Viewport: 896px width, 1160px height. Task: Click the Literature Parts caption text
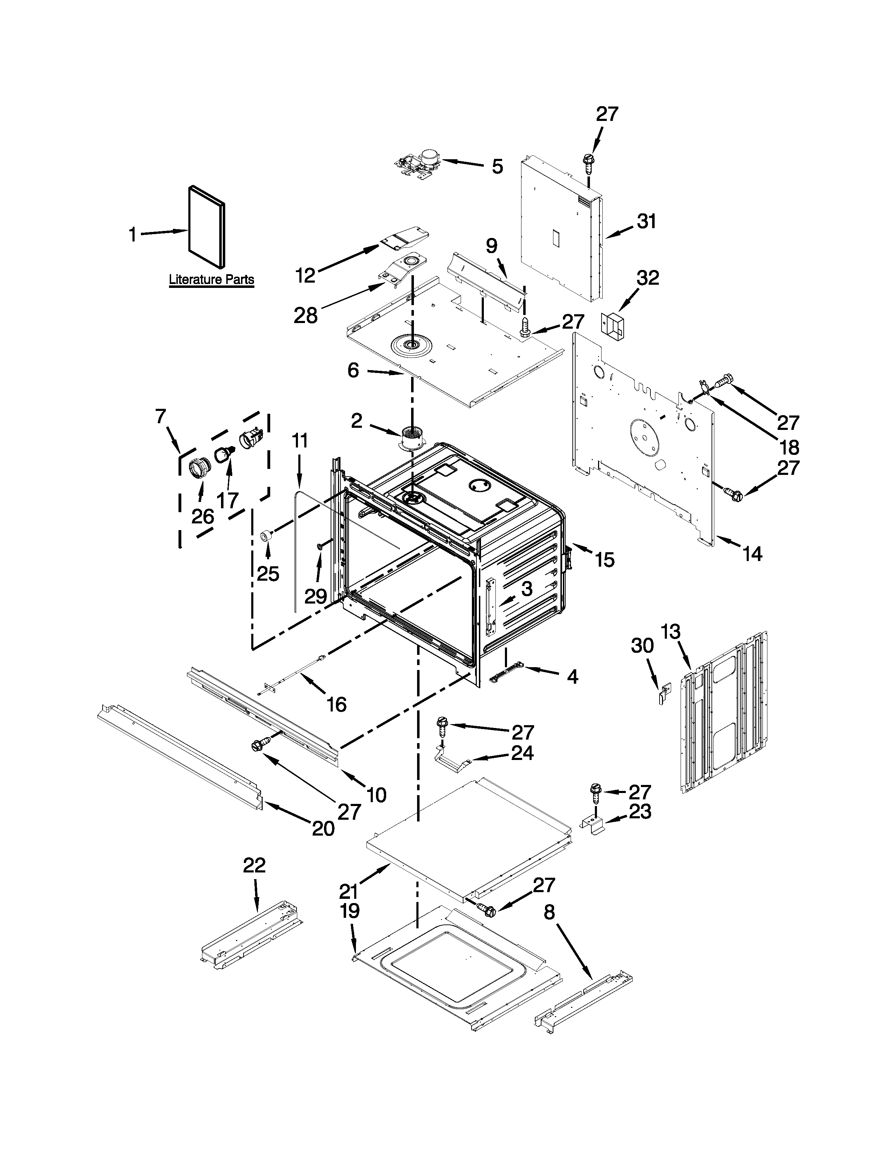(x=211, y=279)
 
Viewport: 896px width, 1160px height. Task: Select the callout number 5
(x=497, y=166)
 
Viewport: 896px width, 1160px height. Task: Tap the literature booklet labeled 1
(x=207, y=227)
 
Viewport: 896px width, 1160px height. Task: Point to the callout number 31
(x=647, y=221)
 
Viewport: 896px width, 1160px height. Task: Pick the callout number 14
(x=752, y=554)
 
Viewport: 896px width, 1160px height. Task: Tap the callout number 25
(x=268, y=574)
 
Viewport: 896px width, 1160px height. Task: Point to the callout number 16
(x=337, y=704)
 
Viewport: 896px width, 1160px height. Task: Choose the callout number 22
(x=254, y=866)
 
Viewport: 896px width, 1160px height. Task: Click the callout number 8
(x=549, y=913)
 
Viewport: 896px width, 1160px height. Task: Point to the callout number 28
(x=306, y=316)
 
